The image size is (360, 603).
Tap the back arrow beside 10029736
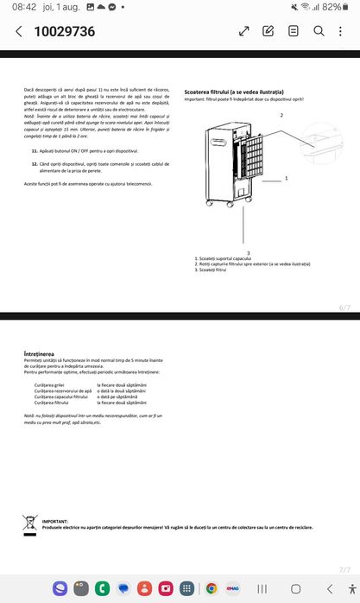tap(19, 32)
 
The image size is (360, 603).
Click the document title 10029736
tap(64, 32)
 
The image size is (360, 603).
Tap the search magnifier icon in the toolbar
tap(318, 31)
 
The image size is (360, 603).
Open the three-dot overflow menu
tap(343, 31)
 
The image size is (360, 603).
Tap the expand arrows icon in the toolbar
tap(244, 31)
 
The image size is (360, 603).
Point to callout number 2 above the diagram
tap(281, 115)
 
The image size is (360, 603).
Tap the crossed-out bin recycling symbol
tap(29, 523)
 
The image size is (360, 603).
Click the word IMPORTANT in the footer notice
tap(54, 522)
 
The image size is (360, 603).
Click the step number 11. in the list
tap(34, 150)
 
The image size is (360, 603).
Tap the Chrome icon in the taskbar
tap(211, 588)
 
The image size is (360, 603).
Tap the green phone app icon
tap(102, 588)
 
